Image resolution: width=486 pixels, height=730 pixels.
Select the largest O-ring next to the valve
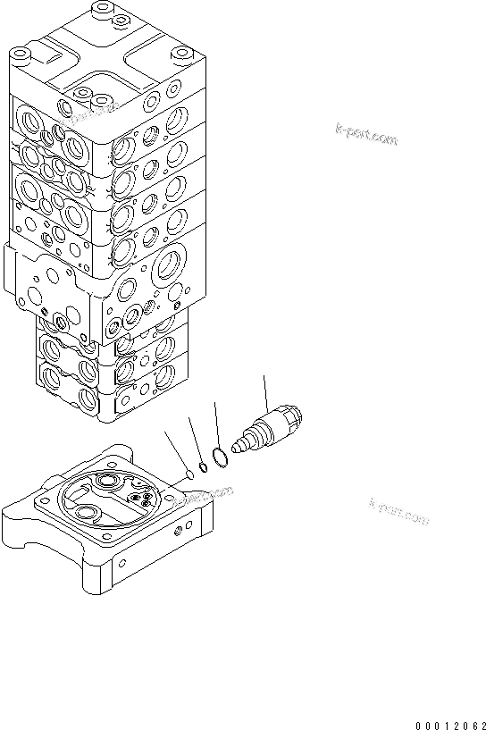pyautogui.click(x=222, y=455)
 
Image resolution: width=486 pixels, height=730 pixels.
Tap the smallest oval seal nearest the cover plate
pyautogui.click(x=188, y=474)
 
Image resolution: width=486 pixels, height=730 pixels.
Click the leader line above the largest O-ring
pyautogui.click(x=216, y=424)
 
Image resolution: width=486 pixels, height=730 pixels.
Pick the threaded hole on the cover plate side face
pyautogui.click(x=184, y=532)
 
